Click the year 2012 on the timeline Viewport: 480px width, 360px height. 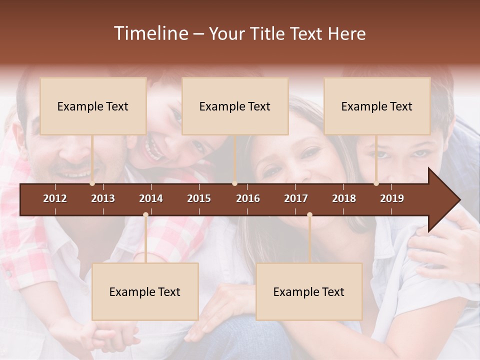click(x=55, y=198)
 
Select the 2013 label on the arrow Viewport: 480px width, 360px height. click(x=103, y=198)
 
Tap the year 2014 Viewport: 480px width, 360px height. click(x=151, y=198)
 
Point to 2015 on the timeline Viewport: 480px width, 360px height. click(x=199, y=198)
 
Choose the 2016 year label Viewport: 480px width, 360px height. click(x=248, y=198)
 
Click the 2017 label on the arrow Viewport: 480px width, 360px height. click(x=296, y=198)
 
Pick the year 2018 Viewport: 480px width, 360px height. click(x=344, y=198)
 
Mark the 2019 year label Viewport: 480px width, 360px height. click(x=392, y=198)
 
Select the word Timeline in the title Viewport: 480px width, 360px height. click(x=150, y=33)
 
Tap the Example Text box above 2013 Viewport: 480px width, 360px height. click(x=93, y=106)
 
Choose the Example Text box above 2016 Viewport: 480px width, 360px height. click(x=235, y=106)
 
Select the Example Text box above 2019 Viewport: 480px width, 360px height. click(x=377, y=106)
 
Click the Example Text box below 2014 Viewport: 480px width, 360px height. click(x=145, y=291)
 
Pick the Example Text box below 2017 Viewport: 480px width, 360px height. click(x=309, y=291)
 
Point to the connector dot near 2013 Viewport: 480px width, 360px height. click(x=92, y=183)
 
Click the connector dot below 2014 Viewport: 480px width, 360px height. click(x=145, y=215)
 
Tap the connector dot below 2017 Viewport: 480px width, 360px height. click(x=309, y=215)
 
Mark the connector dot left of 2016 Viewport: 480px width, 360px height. click(x=235, y=183)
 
